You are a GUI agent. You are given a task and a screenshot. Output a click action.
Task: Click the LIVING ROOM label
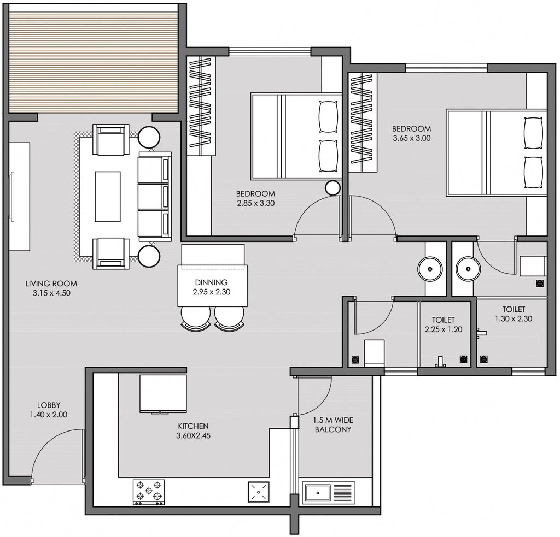[x=51, y=284]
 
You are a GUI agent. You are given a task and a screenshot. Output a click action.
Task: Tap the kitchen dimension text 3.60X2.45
[x=193, y=435]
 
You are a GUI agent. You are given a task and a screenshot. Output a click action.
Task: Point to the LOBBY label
[x=49, y=405]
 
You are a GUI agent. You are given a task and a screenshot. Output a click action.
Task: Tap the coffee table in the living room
[x=108, y=197]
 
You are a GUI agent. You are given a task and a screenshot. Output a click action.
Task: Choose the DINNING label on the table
[x=212, y=282]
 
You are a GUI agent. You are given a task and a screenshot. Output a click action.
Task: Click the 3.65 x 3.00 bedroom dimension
[x=412, y=138]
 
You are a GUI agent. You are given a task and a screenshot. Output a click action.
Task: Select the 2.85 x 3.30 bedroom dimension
[x=256, y=203]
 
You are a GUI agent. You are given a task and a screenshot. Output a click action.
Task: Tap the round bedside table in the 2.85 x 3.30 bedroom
[x=333, y=188]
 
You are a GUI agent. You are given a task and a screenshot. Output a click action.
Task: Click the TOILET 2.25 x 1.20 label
[x=443, y=324]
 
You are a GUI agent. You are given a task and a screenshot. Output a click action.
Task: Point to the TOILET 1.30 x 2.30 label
[x=514, y=314]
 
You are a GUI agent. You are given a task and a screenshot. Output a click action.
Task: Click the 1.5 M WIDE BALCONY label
[x=333, y=424]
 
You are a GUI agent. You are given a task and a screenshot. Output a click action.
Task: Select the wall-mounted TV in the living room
[x=12, y=197]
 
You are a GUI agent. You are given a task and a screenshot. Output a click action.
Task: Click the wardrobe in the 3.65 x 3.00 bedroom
[x=363, y=122]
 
